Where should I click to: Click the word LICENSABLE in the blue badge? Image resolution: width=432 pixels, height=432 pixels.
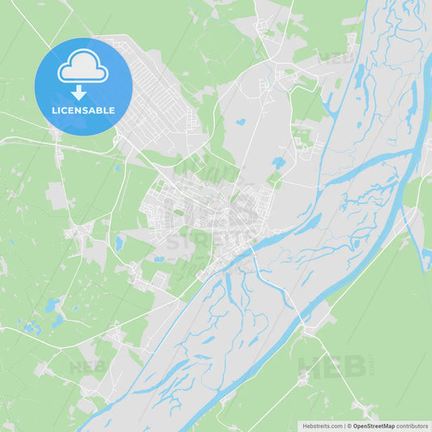tap(83, 110)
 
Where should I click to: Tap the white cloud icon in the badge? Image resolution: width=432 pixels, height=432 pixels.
tap(83, 66)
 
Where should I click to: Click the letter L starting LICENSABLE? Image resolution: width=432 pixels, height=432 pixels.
tap(54, 110)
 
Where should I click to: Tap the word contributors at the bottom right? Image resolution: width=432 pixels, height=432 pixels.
tap(413, 426)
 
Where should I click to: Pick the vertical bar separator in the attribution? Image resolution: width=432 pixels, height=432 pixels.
tap(346, 426)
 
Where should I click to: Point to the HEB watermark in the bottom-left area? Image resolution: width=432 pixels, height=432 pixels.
tap(88, 366)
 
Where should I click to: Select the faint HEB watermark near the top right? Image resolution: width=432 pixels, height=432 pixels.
tap(334, 58)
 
